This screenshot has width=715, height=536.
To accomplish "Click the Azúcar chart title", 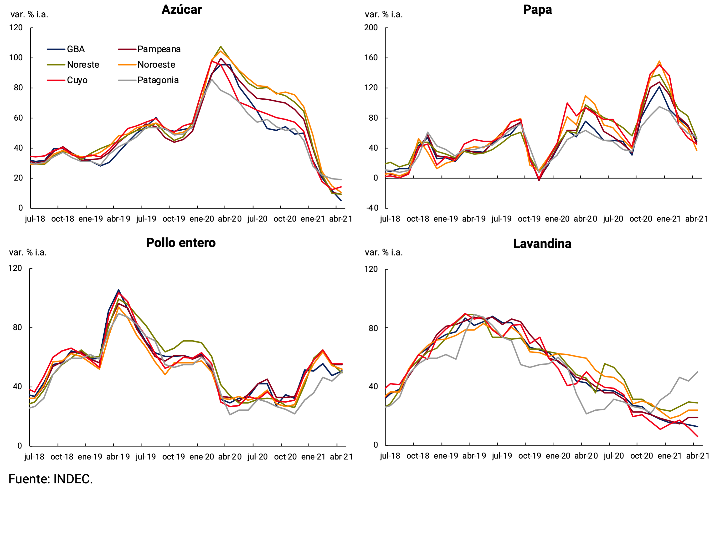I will pos(182,10).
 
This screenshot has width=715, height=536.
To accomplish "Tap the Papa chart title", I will pos(537,10).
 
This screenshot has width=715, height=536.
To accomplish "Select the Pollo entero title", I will pos(181,243).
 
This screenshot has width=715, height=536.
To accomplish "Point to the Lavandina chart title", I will pos(542,244).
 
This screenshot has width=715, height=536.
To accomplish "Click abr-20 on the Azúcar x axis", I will pos(230,219).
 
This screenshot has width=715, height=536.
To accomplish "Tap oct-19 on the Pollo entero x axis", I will pos(174,457).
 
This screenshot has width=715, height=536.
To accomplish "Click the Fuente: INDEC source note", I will pos(51,479).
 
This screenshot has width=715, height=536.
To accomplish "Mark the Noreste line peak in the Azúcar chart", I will pos(221,46).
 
